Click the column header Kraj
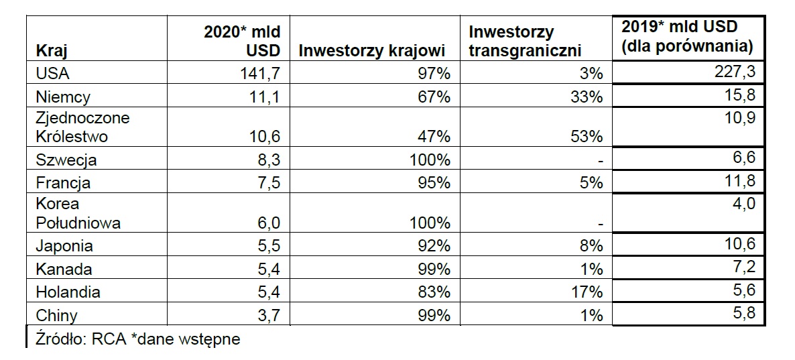[52, 51]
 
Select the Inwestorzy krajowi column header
[371, 51]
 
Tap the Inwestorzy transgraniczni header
[525, 41]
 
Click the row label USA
[52, 74]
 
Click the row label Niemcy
[63, 97]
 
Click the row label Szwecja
[66, 160]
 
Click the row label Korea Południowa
[78, 213]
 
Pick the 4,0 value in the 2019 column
[744, 203]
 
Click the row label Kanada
[64, 269]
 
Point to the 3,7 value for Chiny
[269, 315]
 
